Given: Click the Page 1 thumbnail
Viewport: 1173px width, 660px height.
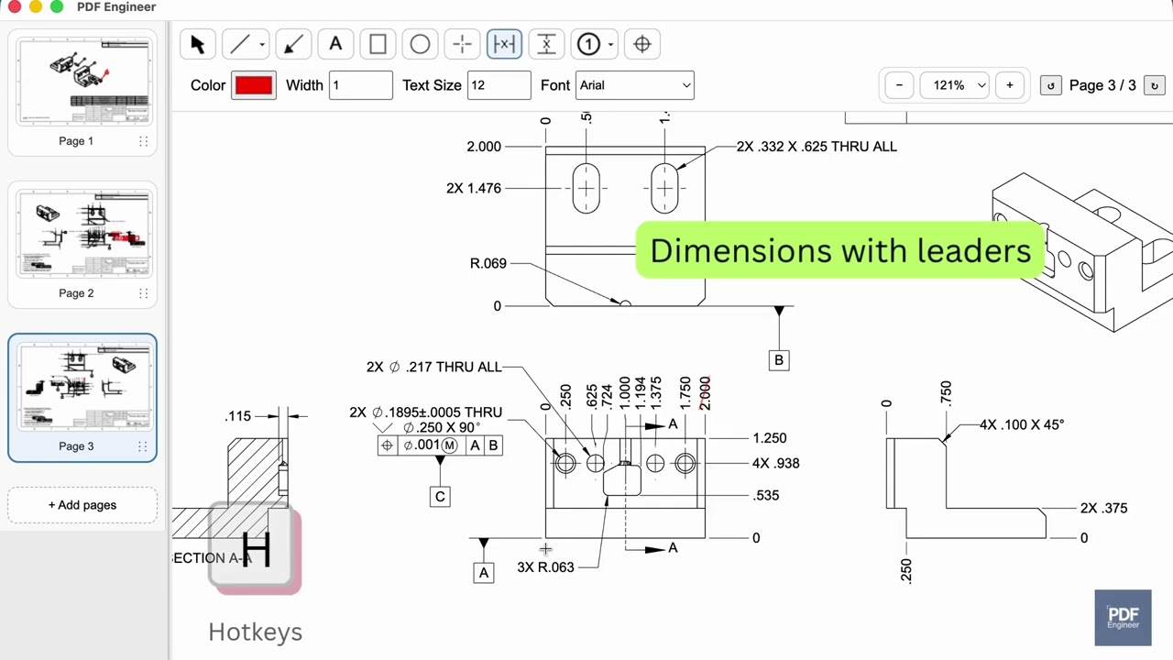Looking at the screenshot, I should point(82,82).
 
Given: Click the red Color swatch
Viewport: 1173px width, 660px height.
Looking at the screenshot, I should point(254,85).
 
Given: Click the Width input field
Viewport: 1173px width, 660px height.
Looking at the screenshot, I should point(360,85).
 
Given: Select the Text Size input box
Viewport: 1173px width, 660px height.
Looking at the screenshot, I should point(499,85).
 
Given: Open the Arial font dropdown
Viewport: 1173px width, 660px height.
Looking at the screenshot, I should point(634,85).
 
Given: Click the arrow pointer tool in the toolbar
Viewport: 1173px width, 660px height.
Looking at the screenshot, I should point(197,44).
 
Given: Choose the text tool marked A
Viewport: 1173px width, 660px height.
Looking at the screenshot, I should point(335,44).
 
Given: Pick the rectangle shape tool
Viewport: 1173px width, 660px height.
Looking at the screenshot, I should point(378,44).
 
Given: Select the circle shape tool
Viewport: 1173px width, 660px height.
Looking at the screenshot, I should point(420,44).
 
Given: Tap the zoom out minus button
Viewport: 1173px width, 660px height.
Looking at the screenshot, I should point(899,85).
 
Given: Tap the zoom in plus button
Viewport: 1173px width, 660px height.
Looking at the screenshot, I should point(1009,85).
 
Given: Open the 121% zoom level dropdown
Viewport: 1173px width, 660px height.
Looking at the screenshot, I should point(955,85).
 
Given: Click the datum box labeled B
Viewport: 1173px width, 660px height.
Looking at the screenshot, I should point(779,360).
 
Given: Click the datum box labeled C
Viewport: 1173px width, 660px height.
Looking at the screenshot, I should point(440,497).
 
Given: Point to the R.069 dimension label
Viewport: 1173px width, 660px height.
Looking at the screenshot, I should point(488,264).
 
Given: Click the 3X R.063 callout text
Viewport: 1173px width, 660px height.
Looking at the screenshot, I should point(545,567).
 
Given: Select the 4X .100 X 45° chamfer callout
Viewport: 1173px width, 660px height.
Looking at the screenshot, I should point(1021,425).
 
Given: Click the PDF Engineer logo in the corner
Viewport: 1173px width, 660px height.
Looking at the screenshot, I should point(1123,617).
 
